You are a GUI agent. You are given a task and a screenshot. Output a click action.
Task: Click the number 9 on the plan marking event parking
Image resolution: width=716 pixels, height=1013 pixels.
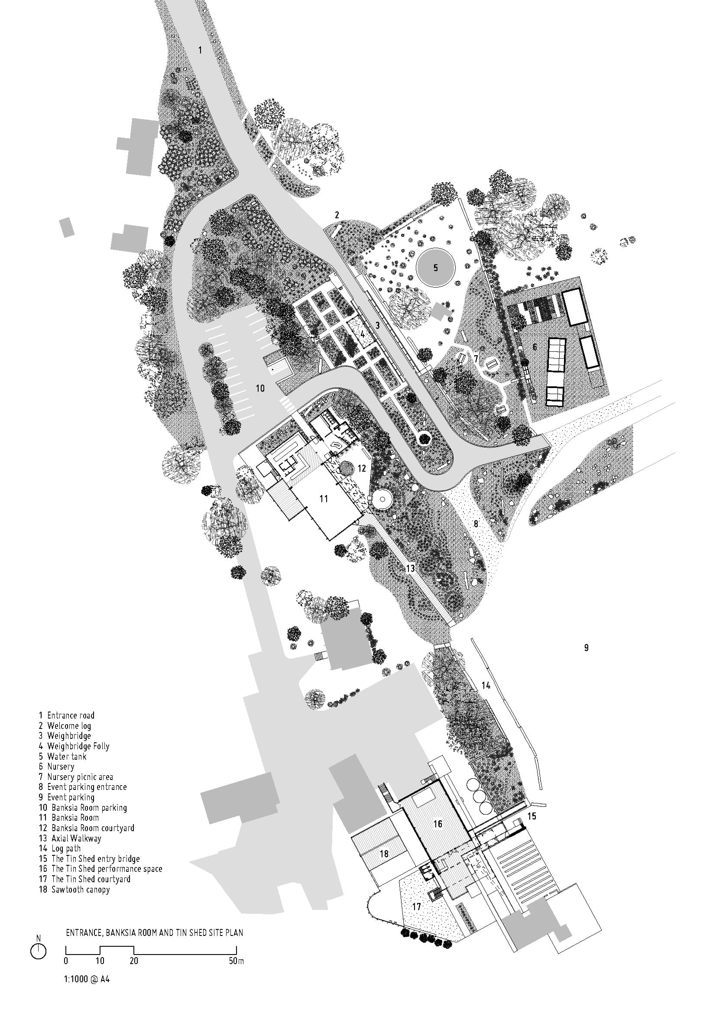click(586, 647)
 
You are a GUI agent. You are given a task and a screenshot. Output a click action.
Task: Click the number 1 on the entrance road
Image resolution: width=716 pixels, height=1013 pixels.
click(200, 50)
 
